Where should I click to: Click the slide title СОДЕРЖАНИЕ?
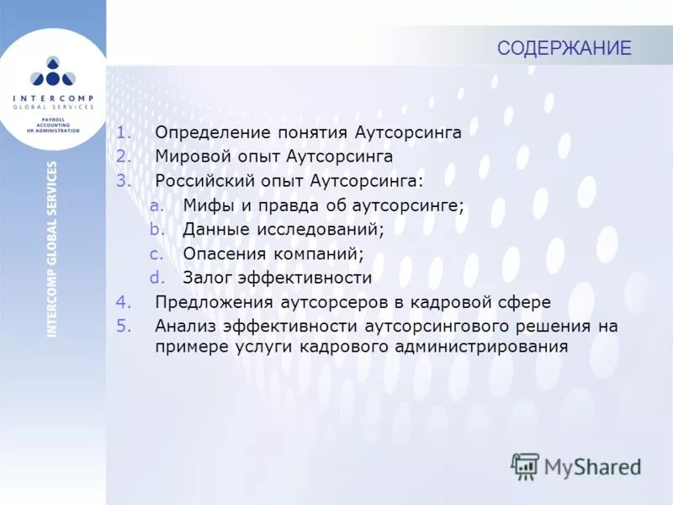(x=564, y=48)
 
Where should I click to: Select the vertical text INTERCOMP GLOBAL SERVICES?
(x=53, y=249)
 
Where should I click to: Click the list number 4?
(x=122, y=302)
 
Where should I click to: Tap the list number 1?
(x=122, y=132)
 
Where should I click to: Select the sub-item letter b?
(x=154, y=230)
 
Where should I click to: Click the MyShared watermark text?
(x=593, y=466)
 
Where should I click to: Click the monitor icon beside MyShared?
(x=525, y=465)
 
